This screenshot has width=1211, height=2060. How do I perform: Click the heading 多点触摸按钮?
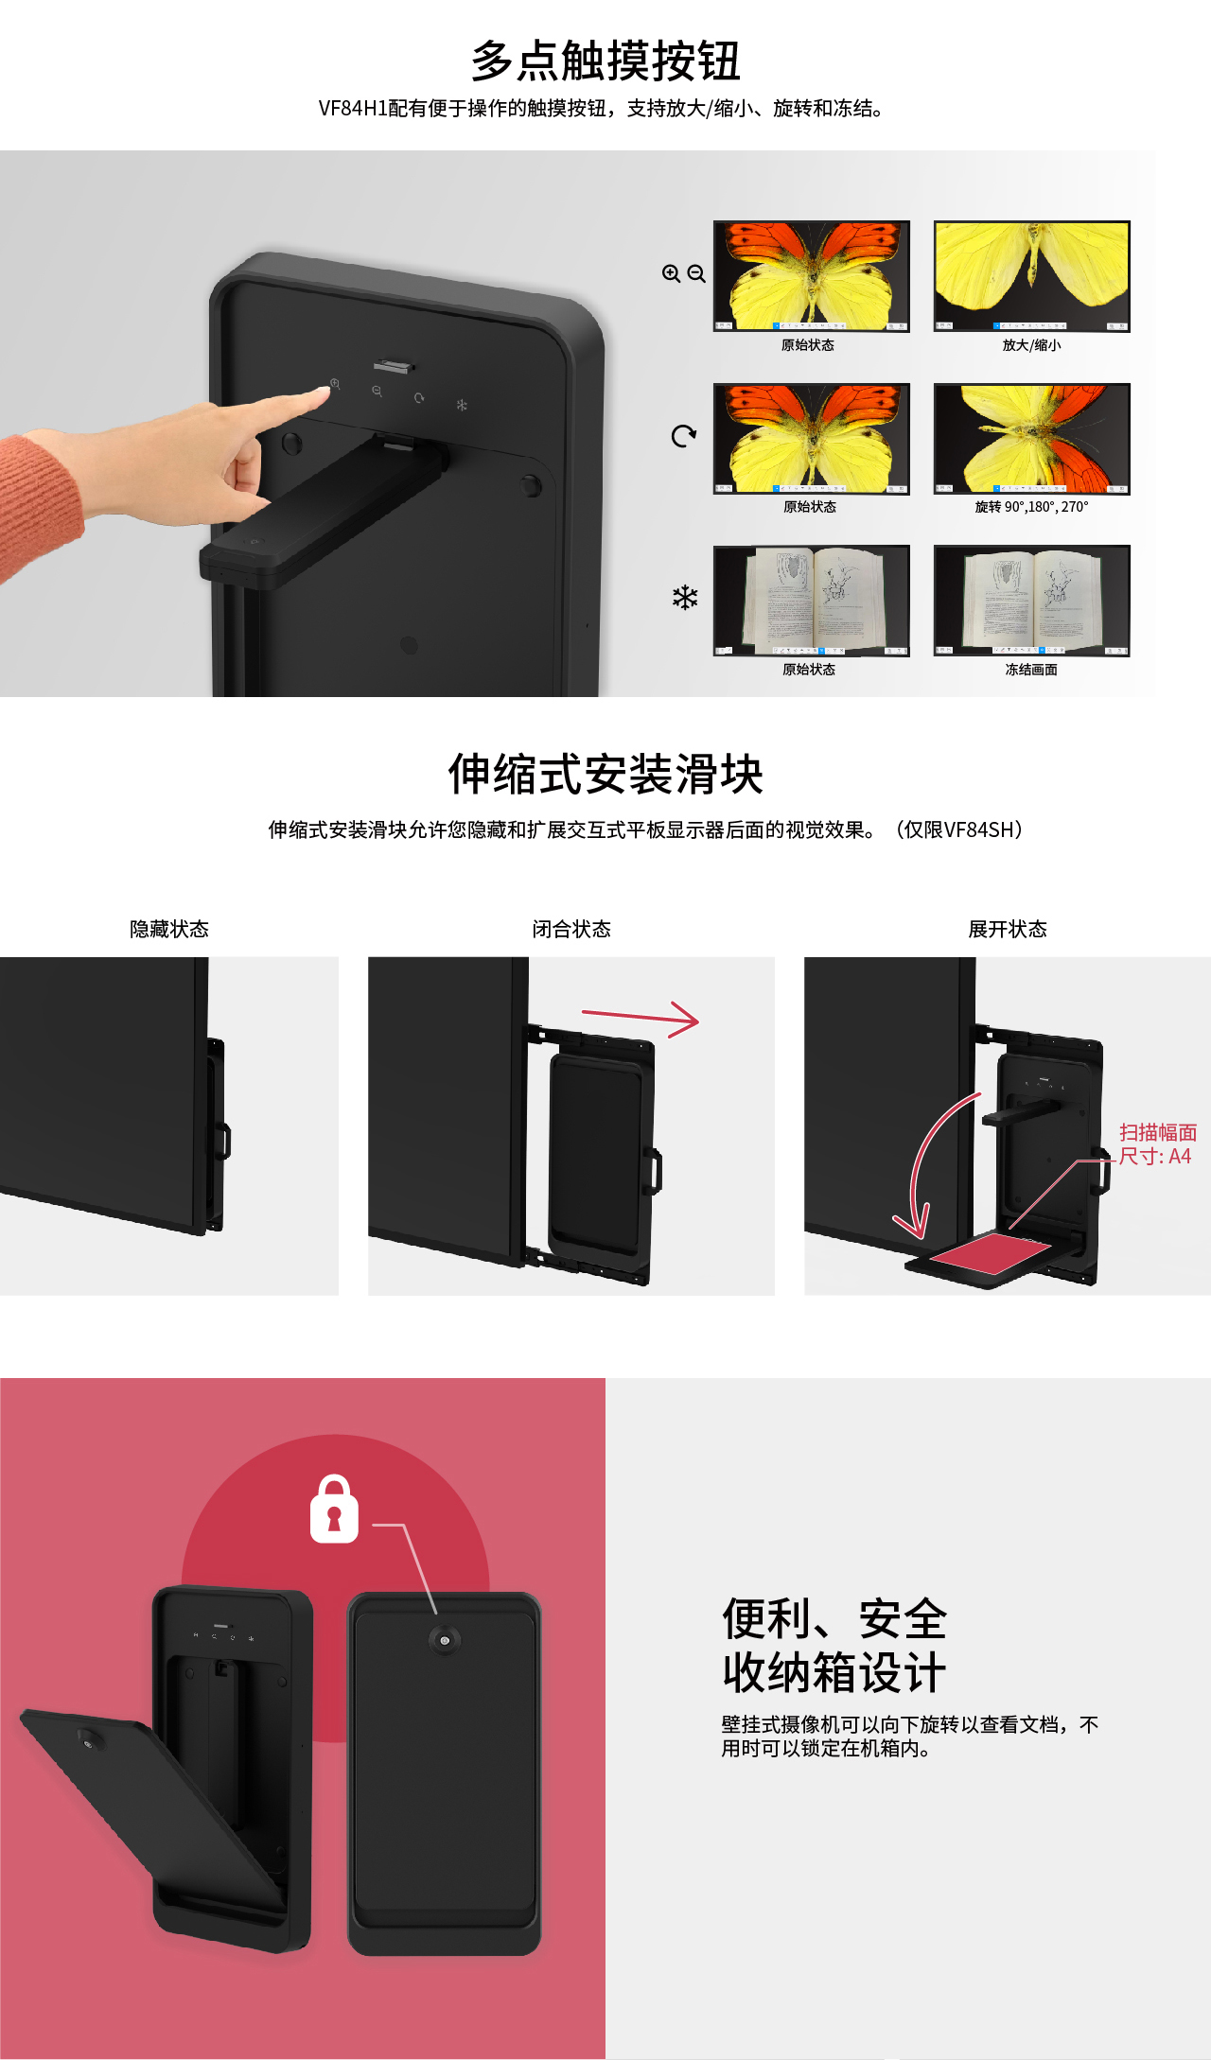tap(605, 61)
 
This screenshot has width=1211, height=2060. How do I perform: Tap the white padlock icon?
tap(334, 1509)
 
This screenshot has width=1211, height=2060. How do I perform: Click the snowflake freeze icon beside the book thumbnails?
tap(685, 597)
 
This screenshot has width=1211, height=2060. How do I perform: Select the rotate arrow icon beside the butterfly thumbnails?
tap(684, 435)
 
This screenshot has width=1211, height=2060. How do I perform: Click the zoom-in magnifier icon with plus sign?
tap(672, 273)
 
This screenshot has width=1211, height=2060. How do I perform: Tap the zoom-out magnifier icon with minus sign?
tap(696, 273)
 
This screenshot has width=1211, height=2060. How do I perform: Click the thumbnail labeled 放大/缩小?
tap(1031, 276)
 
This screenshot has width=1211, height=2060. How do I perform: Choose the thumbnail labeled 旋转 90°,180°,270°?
tap(1031, 439)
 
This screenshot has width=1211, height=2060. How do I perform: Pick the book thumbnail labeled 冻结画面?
tap(1031, 601)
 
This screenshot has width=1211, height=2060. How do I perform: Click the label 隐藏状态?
tap(169, 929)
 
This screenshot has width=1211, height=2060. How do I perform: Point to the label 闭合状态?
tap(571, 929)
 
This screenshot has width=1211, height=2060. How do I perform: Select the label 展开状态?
tap(1008, 929)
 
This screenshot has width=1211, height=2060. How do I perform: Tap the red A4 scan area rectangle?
tap(990, 1252)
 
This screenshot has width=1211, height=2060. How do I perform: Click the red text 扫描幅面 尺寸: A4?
tap(1157, 1144)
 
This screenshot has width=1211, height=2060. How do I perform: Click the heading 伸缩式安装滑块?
tap(605, 775)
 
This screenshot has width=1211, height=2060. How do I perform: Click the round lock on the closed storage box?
tap(444, 1639)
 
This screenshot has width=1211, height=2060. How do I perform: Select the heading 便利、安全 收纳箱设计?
tap(834, 1646)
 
